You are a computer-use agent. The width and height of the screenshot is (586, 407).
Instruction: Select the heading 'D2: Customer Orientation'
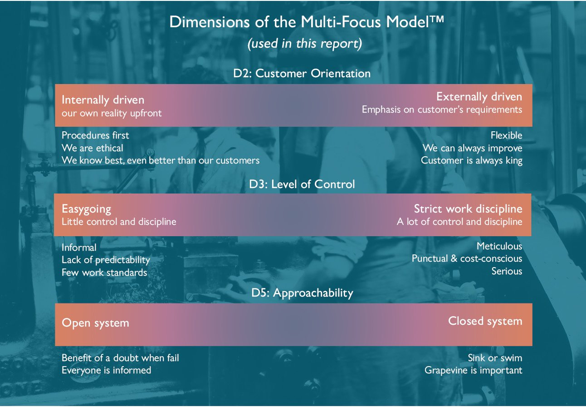point(302,73)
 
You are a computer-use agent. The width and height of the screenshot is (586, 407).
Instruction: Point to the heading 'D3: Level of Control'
point(302,184)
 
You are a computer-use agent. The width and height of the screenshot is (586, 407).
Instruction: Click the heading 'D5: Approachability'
point(302,293)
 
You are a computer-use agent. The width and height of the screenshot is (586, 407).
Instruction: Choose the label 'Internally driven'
point(103,99)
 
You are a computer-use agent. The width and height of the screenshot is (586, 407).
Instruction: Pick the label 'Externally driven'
point(479,97)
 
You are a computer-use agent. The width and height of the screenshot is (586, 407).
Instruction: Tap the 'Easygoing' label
point(86,208)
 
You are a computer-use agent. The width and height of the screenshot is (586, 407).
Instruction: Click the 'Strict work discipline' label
point(468,208)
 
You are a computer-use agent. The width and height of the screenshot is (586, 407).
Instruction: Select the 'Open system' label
point(95,323)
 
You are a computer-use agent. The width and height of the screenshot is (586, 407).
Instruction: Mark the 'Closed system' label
point(485,321)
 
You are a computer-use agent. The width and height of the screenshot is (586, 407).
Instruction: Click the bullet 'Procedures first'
point(95,135)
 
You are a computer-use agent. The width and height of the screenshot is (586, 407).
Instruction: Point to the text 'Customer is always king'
point(471,161)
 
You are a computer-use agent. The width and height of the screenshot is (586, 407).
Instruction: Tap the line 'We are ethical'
point(92,148)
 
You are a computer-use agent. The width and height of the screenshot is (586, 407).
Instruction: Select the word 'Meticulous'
point(499,246)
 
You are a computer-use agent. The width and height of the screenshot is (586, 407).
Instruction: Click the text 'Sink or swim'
point(495,358)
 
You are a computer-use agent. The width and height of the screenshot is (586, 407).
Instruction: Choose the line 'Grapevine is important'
point(473,370)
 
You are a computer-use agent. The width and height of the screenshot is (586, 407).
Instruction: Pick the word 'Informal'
point(79,248)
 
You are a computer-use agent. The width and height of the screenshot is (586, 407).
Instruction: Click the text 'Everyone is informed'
point(106,370)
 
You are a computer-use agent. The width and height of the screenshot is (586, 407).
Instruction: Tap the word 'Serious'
point(507,271)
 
